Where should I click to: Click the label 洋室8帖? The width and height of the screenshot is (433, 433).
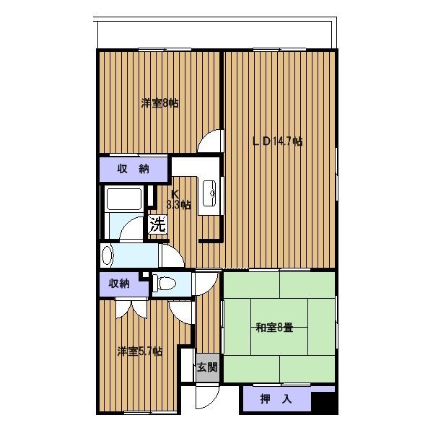(159, 103)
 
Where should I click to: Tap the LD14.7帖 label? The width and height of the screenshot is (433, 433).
(278, 141)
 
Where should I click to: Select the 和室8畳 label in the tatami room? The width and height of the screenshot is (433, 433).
(274, 328)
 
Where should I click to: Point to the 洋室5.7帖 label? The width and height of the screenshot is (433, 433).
(140, 351)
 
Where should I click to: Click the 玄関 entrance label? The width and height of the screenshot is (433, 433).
(207, 367)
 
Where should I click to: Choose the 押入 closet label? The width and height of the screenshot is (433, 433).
(276, 399)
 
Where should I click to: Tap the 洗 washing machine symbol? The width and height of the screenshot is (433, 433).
(157, 224)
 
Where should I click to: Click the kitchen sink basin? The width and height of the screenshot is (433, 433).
(209, 193)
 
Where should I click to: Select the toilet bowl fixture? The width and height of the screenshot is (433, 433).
(164, 284)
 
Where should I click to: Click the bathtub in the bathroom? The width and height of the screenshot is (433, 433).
(124, 199)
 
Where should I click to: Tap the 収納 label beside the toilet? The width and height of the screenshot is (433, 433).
(119, 284)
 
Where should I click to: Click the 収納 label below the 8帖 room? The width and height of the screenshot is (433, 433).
(133, 169)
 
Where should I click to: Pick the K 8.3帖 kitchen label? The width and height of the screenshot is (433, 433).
(178, 200)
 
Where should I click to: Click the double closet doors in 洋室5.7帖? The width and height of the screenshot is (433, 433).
(131, 309)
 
